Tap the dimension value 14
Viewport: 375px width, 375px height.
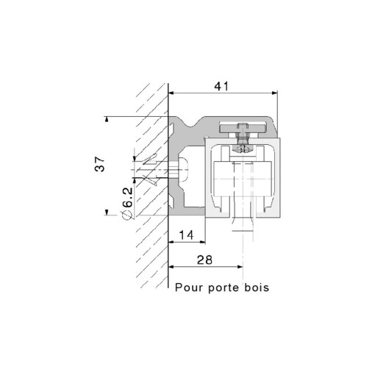[187, 235]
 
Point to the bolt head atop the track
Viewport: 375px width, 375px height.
[243, 131]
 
